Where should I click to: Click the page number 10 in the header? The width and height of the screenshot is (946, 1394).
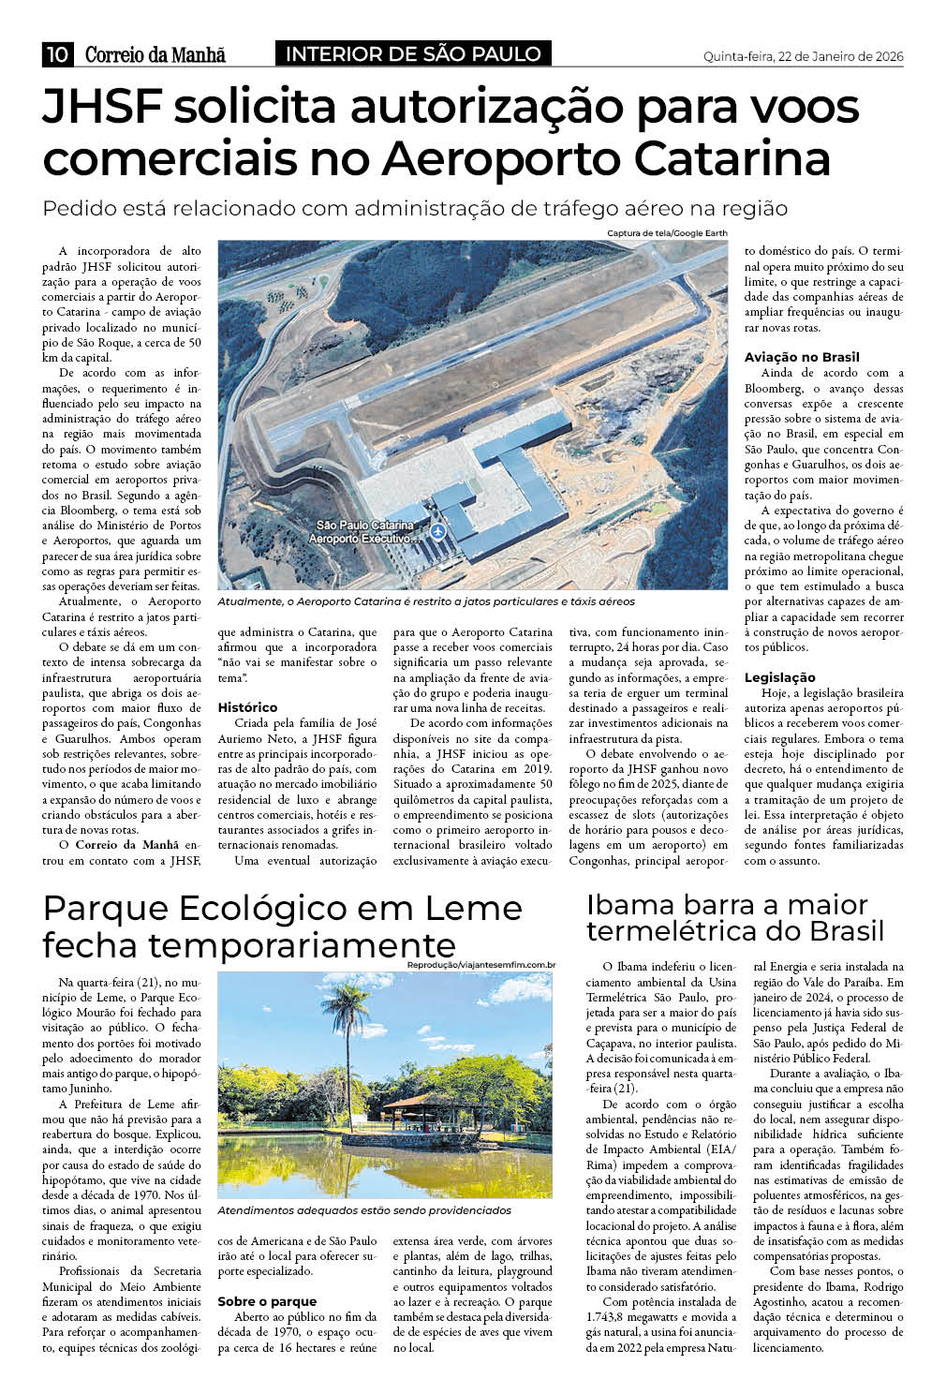[56, 55]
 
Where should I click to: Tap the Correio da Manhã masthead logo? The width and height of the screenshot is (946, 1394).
[155, 55]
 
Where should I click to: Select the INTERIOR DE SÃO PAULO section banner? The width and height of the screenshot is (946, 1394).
[413, 54]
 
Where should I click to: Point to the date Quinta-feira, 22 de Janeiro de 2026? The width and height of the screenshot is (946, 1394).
[803, 56]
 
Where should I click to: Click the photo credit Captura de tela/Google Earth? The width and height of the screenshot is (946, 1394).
[666, 233]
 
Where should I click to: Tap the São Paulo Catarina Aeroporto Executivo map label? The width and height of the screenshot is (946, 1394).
[365, 531]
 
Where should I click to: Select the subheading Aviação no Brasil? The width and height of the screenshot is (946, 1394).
[802, 357]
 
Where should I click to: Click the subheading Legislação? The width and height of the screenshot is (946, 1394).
[778, 677]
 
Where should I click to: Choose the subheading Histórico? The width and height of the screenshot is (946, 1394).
[247, 707]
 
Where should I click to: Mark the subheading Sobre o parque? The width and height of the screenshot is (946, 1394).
[267, 1301]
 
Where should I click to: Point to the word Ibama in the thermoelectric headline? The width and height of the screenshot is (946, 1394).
[630, 905]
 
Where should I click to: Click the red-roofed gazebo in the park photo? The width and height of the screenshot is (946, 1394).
[426, 1105]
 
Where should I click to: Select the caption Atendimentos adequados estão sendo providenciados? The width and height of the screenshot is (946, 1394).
[364, 1210]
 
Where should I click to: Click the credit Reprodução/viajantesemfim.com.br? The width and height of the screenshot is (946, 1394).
[481, 965]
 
